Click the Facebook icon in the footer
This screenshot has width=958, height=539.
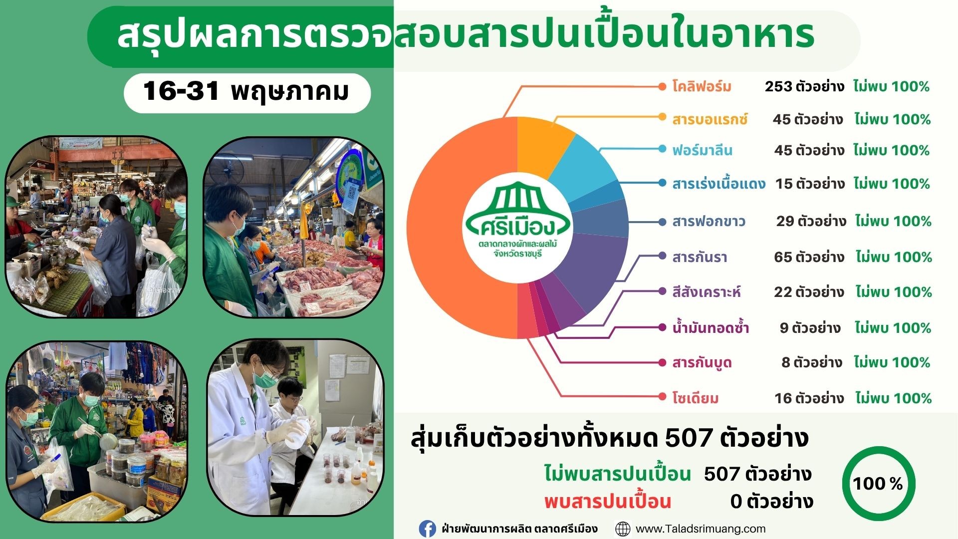point(427,529)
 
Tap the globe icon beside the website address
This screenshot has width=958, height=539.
point(623,529)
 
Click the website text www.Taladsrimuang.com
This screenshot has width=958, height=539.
point(701,529)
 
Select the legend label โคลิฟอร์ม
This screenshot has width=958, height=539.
point(702,87)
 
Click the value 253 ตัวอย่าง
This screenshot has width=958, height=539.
point(804,87)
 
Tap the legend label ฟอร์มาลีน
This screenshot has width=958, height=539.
point(702,150)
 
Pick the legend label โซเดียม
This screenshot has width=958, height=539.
point(695,398)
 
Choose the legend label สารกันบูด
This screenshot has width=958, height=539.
point(702,363)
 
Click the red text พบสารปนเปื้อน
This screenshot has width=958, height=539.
point(608,502)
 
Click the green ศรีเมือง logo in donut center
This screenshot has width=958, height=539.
point(517,220)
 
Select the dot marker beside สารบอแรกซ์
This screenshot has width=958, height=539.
point(662,117)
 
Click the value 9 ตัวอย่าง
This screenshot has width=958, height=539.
point(810,328)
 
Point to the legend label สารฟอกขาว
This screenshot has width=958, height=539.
point(709,222)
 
